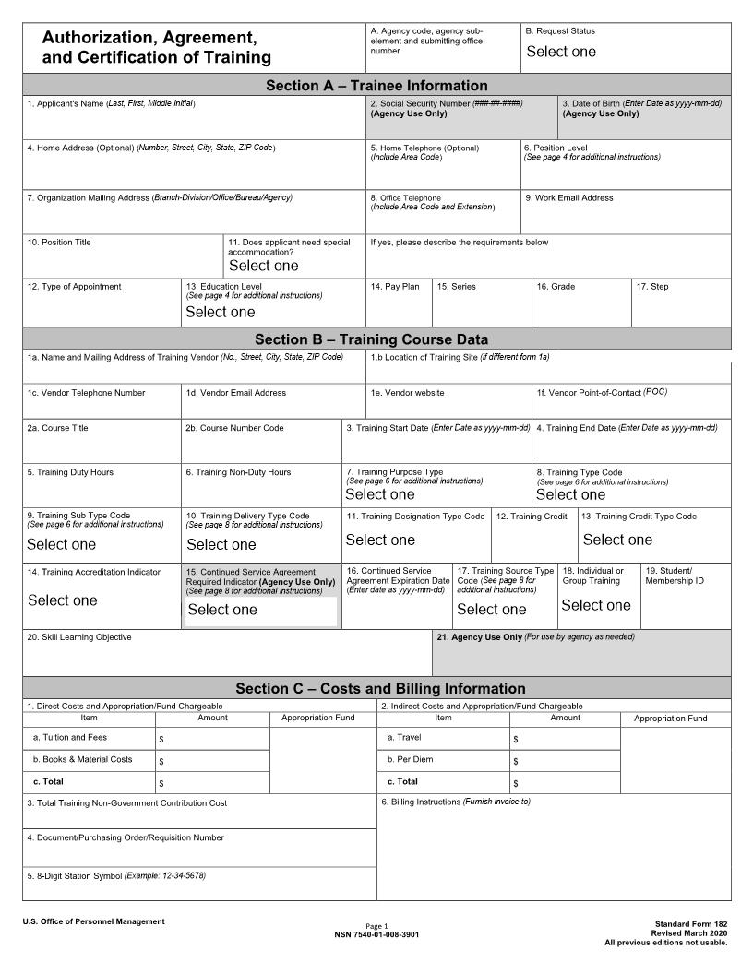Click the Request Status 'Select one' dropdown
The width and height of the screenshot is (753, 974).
[561, 52]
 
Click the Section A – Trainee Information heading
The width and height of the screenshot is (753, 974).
[376, 86]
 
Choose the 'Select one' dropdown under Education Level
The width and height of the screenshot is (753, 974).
[221, 312]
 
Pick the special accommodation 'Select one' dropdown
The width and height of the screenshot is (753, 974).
[264, 266]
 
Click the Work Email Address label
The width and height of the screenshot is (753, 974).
[568, 197]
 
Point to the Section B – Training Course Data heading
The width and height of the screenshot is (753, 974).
[371, 339]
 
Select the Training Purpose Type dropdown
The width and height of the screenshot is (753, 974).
[380, 494]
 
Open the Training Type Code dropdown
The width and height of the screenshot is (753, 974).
[570, 494]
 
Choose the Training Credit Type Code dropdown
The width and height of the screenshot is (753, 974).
[617, 540]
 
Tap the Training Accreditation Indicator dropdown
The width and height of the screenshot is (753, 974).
[62, 600]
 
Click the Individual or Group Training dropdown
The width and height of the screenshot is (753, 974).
[595, 605]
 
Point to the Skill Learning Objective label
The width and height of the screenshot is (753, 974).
[78, 637]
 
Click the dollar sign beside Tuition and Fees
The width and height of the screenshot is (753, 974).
[161, 740]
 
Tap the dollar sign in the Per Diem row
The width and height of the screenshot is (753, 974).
[516, 762]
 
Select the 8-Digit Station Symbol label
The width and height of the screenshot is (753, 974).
[115, 875]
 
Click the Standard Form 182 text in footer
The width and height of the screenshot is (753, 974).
[690, 923]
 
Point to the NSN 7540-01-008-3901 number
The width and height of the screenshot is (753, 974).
[376, 934]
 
